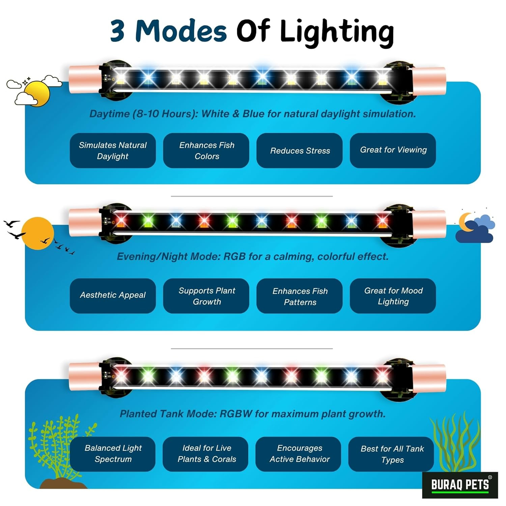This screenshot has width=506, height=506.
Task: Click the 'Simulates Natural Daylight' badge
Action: click(113, 150)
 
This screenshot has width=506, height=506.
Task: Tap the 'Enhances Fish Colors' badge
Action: click(206, 150)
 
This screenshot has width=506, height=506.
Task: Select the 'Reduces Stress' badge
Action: click(300, 150)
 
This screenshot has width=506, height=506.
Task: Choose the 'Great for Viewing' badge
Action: click(393, 150)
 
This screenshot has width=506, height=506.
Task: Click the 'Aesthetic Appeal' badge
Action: click(113, 296)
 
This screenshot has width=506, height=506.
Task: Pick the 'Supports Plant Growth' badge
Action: click(206, 296)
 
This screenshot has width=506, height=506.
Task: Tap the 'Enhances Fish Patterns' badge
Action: click(300, 296)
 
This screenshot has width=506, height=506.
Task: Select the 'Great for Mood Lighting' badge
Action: click(393, 296)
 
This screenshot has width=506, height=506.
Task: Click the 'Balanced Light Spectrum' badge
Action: click(113, 454)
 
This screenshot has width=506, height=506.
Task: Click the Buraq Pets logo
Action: click(460, 485)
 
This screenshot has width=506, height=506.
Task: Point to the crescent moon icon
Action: click(466, 222)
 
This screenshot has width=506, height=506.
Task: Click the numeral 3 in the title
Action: click(118, 31)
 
